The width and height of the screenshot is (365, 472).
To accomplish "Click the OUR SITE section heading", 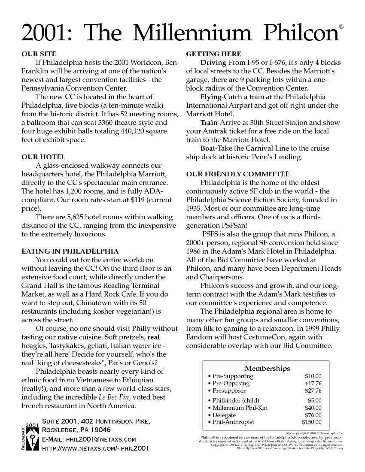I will (39, 54).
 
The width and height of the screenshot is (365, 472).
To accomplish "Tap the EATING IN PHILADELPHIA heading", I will (70, 251).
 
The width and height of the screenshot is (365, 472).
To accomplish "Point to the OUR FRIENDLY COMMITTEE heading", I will (238, 174).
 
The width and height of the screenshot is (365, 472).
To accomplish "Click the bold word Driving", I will (213, 63).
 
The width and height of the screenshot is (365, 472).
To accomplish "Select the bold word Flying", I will (210, 97).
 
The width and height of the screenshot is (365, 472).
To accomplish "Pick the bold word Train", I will (209, 123).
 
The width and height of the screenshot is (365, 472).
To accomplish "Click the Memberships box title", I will (267, 368).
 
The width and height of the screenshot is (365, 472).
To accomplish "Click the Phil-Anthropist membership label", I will (234, 422).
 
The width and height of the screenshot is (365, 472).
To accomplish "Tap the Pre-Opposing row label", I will (231, 384).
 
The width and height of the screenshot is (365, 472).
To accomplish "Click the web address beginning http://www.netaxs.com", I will (95, 449).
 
